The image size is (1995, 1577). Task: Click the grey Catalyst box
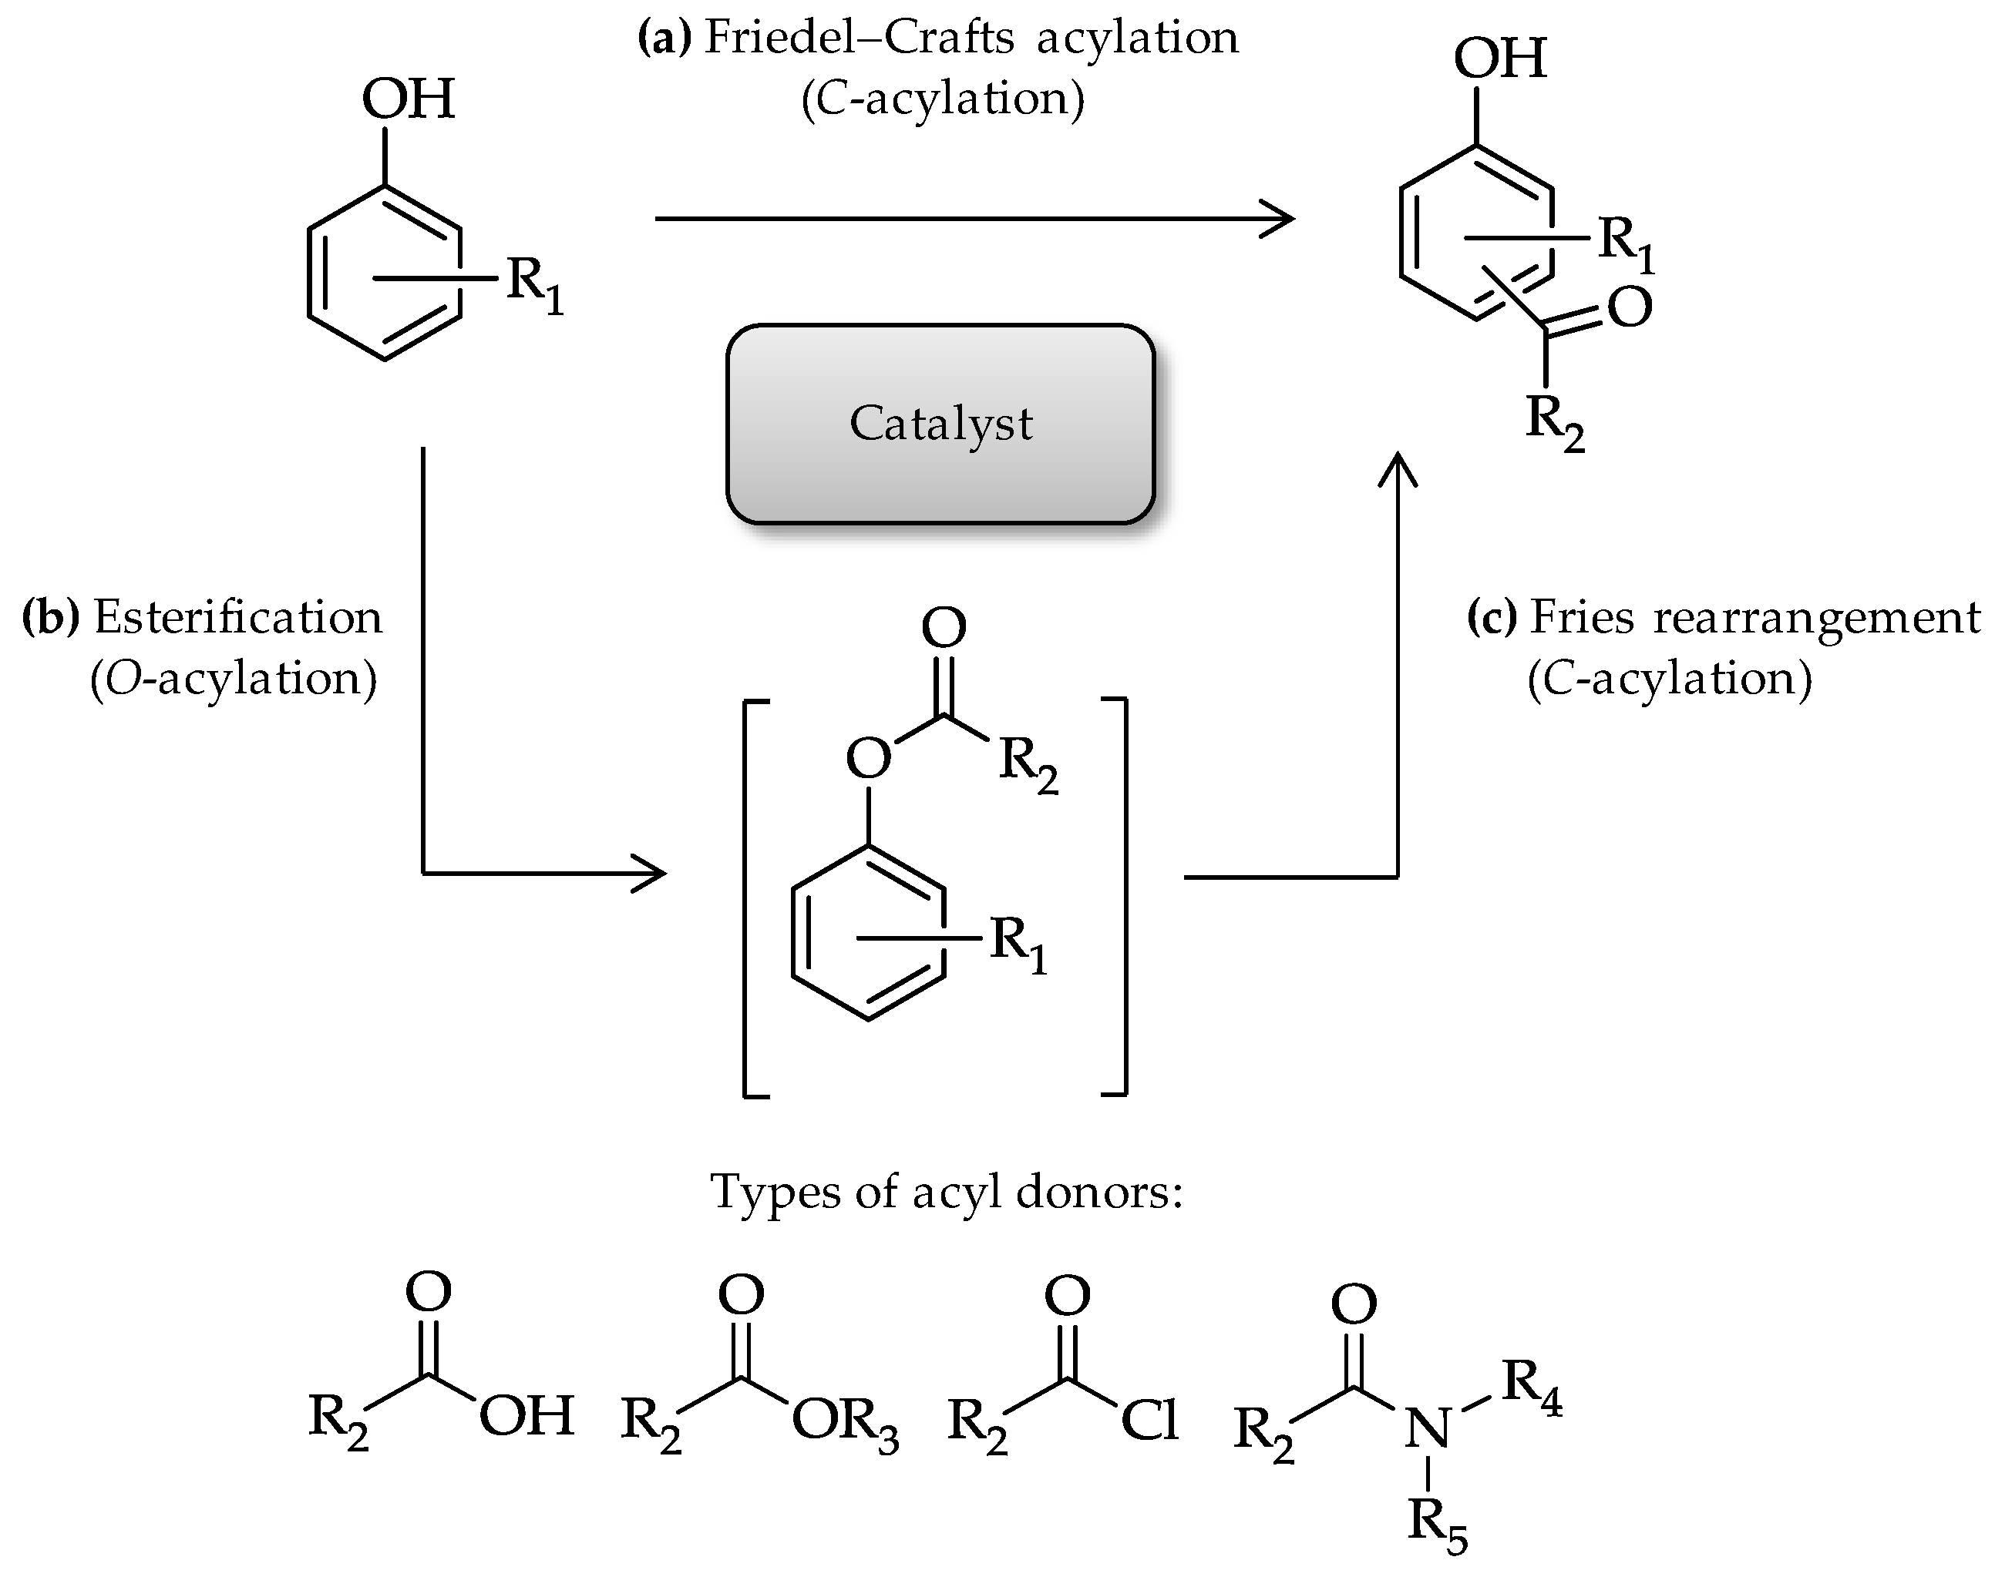(940, 424)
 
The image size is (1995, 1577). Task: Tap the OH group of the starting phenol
(407, 99)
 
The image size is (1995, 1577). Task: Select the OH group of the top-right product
(1499, 59)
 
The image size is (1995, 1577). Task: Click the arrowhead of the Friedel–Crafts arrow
(1279, 219)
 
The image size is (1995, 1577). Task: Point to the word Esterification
(237, 617)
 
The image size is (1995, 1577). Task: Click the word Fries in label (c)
(1580, 617)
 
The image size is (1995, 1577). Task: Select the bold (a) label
(664, 38)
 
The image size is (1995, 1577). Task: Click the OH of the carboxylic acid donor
(527, 1415)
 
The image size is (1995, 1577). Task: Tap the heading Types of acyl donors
(946, 1192)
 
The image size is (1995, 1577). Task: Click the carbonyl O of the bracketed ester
(943, 628)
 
